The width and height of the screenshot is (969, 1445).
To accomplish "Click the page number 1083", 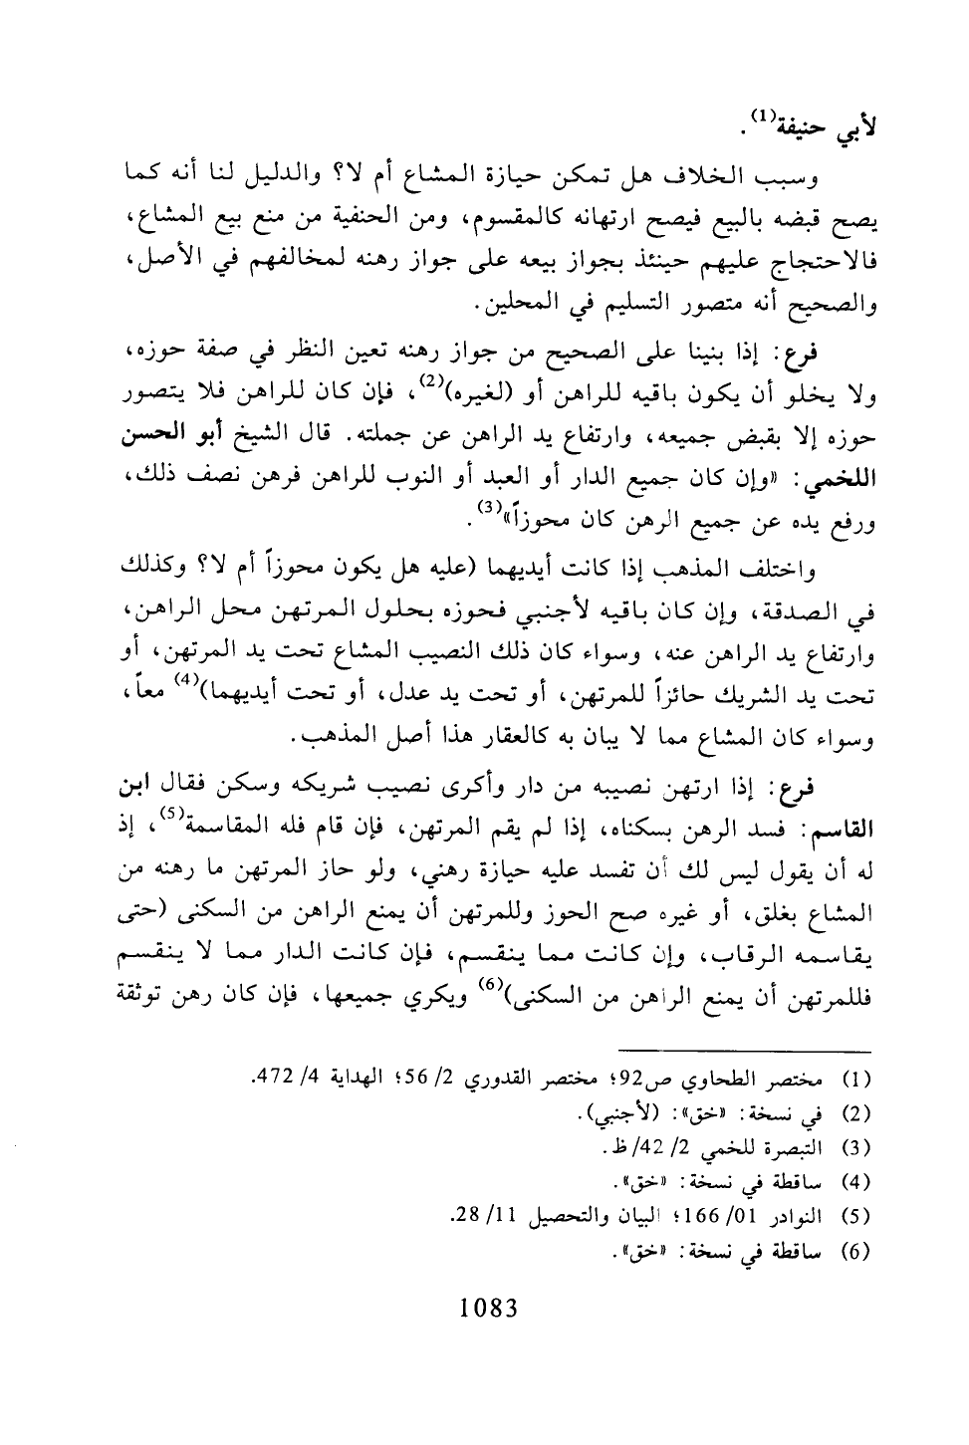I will pos(484,1307).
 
